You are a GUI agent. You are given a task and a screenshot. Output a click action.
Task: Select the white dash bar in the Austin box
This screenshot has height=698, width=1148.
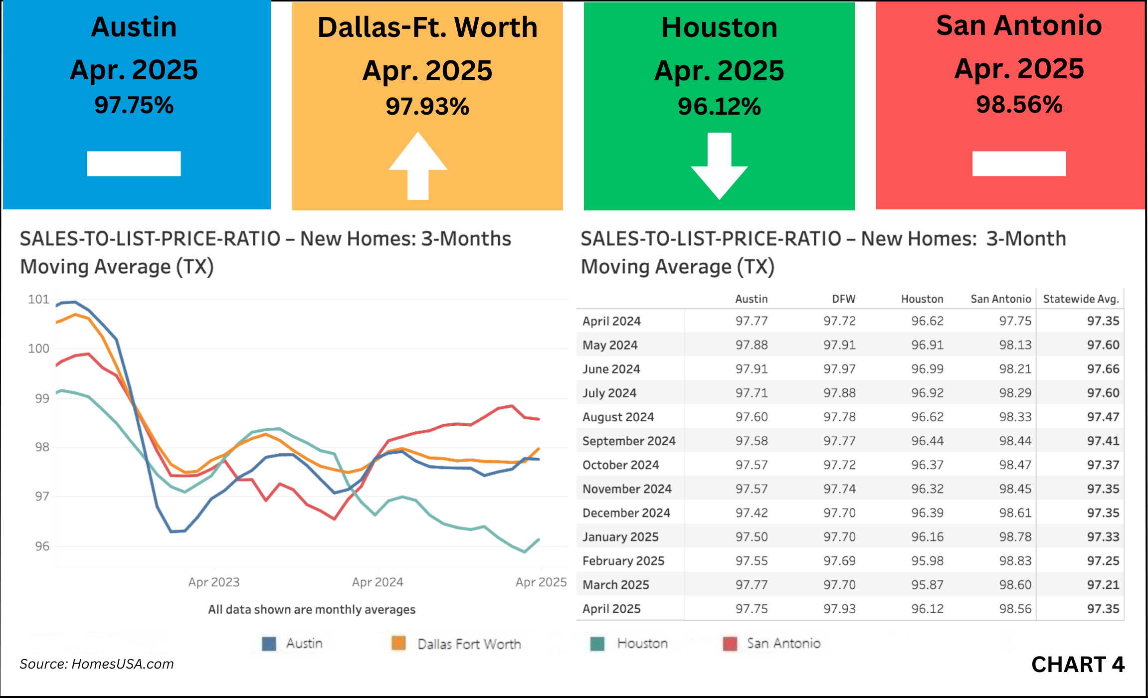pos(134,164)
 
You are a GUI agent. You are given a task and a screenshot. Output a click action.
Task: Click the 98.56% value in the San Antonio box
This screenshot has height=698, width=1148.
pos(1019,105)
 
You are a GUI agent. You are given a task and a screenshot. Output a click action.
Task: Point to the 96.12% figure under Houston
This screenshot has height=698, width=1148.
pos(719,106)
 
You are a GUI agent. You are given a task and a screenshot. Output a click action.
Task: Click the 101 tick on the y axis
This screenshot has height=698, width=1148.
pos(38,299)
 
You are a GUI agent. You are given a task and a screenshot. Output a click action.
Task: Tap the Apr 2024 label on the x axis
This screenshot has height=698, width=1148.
pos(378,582)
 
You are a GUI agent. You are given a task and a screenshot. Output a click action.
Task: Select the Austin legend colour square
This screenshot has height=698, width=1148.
pos(269,644)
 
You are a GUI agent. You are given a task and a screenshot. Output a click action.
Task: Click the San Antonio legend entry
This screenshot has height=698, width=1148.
pos(783,644)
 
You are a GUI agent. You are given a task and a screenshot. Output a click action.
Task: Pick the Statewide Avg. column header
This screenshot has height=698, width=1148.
pos(1081,299)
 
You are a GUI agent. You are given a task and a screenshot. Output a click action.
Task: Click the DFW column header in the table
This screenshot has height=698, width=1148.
pos(843,299)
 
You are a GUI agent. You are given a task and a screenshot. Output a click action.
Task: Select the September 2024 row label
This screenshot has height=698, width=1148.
pos(628,441)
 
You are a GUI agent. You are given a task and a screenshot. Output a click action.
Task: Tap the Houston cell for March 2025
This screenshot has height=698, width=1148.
pos(927,584)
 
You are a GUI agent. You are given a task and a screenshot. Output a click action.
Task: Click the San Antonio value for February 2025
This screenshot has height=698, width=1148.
pos(1015,560)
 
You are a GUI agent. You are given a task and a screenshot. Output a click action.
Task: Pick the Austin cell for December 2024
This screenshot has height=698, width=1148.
pos(752,513)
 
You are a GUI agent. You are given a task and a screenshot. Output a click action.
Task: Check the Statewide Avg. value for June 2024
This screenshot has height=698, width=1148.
pos(1103,369)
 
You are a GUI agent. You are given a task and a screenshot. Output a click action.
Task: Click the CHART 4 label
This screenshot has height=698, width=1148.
pos(1077,665)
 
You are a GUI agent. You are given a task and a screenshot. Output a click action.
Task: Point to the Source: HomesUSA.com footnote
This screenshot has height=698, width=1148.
pos(97,664)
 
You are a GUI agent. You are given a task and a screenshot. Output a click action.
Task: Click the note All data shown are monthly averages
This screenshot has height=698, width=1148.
pos(312,609)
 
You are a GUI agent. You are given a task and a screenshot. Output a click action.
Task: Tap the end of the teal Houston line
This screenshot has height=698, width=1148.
pos(539,539)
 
